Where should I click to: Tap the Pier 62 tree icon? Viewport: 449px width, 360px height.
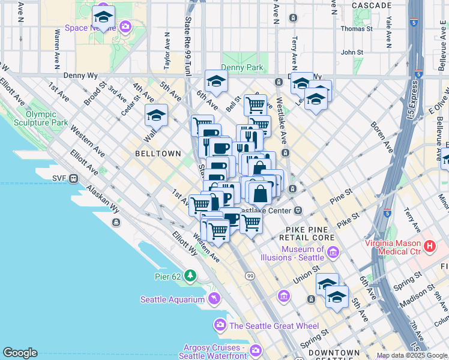click(x=190, y=275)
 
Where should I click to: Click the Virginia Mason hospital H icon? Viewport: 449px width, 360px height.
click(x=429, y=246)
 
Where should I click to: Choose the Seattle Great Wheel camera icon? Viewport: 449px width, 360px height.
click(x=220, y=325)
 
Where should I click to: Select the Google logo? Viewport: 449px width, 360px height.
click(x=20, y=353)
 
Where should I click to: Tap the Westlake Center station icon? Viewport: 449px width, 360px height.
click(x=298, y=211)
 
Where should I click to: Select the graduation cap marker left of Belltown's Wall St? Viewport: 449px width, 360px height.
click(x=156, y=115)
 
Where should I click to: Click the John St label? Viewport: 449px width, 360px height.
click(x=352, y=52)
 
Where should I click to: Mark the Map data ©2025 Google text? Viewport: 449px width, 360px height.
click(x=412, y=355)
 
